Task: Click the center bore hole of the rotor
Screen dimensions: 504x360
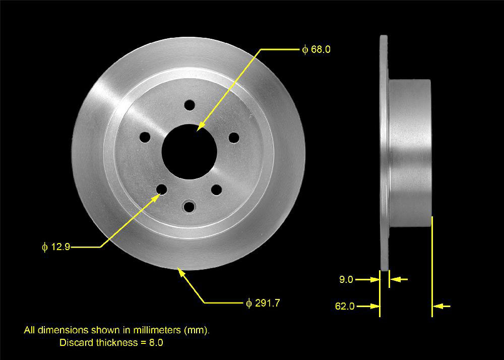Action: [x=188, y=152]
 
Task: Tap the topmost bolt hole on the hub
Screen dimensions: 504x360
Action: [x=190, y=105]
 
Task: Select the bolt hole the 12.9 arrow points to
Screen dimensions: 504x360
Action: [x=162, y=190]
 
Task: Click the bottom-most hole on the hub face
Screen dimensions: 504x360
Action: [x=189, y=206]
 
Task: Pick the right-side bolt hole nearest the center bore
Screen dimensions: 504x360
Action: [x=234, y=138]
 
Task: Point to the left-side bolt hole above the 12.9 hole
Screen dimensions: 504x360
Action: [x=145, y=137]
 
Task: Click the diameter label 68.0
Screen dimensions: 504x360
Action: [x=317, y=49]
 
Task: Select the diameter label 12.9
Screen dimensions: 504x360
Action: [x=56, y=247]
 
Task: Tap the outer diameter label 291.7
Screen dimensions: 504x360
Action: [x=263, y=303]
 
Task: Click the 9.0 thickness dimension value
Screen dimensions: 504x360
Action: [x=346, y=280]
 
